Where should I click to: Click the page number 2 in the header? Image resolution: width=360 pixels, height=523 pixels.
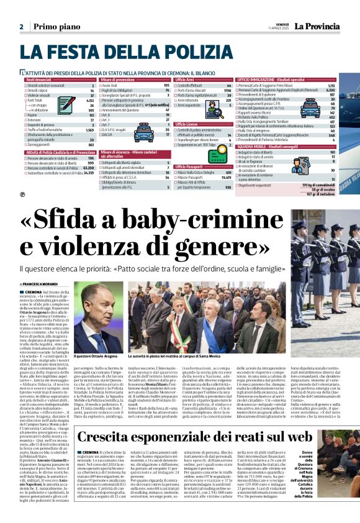pos(20,27)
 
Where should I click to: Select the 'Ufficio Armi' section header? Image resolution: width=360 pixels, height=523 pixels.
pos(186,80)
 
